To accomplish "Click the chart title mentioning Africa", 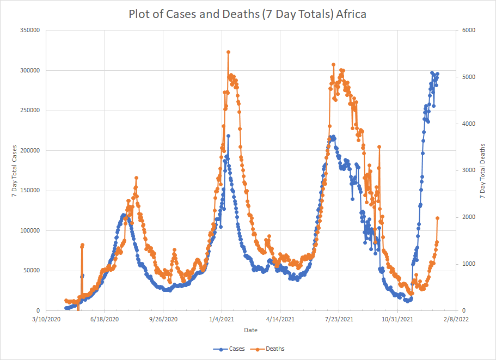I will point(247,14).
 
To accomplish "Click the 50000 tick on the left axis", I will point(31,271).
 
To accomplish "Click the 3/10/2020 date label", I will point(46,319).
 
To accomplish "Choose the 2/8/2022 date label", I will point(456,319).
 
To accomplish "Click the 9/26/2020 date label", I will point(163,319).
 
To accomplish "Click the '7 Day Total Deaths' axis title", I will point(482,170).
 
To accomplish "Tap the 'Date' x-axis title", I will point(251,330).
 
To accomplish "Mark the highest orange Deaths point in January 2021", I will point(228,52).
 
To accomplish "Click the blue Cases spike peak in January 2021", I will point(229,136).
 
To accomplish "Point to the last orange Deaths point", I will point(437,218).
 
